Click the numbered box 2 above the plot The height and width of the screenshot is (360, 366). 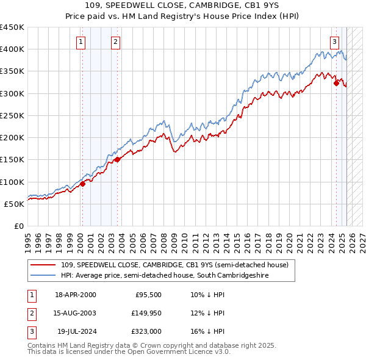[115, 42]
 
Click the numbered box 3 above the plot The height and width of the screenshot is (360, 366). [335, 42]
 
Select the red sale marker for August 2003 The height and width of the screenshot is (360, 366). [117, 160]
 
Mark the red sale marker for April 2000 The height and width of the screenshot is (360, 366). [82, 184]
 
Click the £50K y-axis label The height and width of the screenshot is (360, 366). [15, 204]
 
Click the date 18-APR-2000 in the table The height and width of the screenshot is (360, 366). [76, 295]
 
